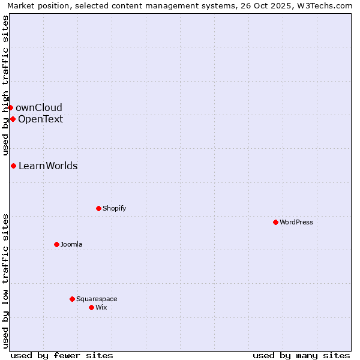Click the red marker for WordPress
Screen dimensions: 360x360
[275, 222]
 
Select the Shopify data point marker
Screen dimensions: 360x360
[98, 208]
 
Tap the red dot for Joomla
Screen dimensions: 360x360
[56, 244]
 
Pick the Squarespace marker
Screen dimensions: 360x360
[72, 299]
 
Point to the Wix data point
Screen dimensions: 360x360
[91, 307]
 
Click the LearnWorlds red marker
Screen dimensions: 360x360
[13, 166]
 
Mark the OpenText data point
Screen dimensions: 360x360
[13, 119]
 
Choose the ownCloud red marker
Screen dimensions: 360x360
[10, 107]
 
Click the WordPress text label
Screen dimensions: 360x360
[296, 222]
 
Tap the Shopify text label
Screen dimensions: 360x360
[114, 208]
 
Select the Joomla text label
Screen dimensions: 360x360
[71, 244]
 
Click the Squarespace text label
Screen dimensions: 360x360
[97, 299]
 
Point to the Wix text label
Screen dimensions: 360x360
[101, 307]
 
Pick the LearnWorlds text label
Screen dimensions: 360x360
[48, 166]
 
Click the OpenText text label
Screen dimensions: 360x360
[40, 119]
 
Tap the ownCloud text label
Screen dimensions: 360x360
[39, 107]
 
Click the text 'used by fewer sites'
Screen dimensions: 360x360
[62, 355]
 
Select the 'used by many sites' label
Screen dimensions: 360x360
[301, 355]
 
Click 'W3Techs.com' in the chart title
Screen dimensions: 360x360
[327, 5]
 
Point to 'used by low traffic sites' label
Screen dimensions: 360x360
[5, 280]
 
